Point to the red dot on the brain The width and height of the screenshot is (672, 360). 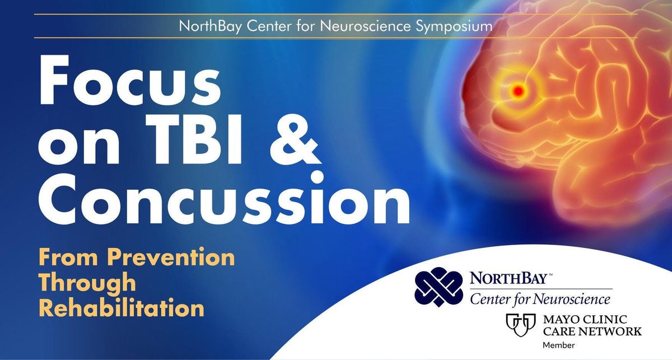tap(518, 90)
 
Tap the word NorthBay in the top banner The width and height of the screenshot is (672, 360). tap(211, 26)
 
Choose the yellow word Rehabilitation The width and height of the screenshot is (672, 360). tap(122, 308)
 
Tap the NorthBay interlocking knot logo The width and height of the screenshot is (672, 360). tap(439, 287)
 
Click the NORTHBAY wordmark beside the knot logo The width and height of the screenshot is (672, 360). tap(508, 278)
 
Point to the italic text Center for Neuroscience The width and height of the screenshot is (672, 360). tap(540, 300)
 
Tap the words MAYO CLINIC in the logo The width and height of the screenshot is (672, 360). tap(585, 319)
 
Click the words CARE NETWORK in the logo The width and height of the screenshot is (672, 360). tap(592, 331)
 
